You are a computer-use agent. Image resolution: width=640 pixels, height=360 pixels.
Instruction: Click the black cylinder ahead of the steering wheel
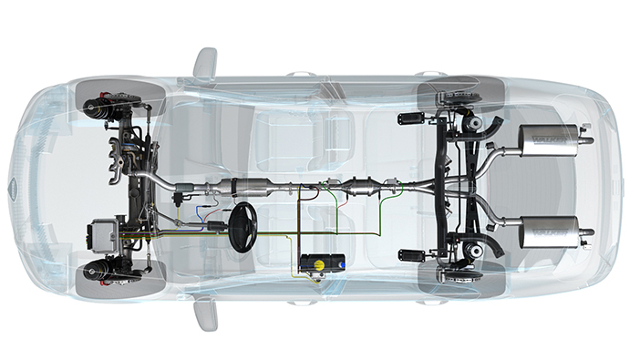[216, 223]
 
